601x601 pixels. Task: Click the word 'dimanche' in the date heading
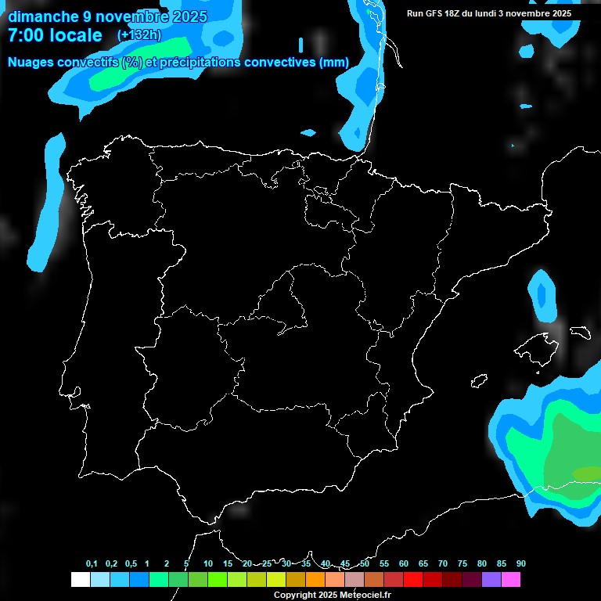coord(38,16)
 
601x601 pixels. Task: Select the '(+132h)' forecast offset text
coord(139,35)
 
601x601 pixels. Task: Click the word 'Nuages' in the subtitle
coord(32,63)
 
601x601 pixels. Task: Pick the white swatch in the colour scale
coord(80,579)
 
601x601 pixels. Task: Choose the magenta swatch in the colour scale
coord(511,579)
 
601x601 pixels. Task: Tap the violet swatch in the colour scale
coord(491,579)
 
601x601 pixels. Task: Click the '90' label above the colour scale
coord(520,563)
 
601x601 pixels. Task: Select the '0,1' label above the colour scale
coord(92,563)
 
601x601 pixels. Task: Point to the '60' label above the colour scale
coord(403,563)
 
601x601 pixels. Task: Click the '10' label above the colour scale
coord(207,563)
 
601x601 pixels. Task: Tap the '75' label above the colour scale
coord(462,563)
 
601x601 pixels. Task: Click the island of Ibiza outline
coord(478,381)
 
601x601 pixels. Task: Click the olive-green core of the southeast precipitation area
coord(586,473)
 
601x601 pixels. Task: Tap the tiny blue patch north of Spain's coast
coord(308,131)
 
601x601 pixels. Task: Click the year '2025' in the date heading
coord(189,16)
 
